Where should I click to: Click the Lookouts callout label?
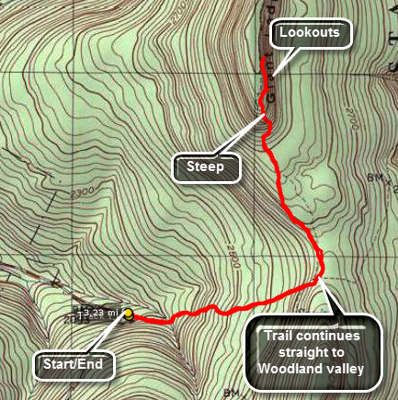(315, 33)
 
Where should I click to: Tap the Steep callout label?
(206, 167)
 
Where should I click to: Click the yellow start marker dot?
(129, 314)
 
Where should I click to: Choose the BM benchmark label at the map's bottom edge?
(231, 393)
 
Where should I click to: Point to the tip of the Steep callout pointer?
(261, 117)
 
